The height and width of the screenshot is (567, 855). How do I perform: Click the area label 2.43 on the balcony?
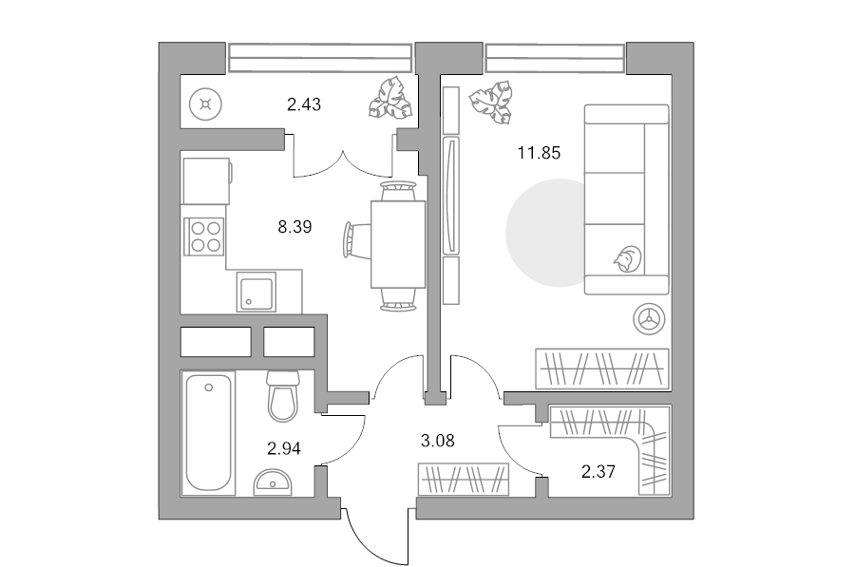tap(304, 104)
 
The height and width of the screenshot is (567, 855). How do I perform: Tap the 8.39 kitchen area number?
tap(294, 227)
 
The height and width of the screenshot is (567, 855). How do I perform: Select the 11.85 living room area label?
tap(539, 153)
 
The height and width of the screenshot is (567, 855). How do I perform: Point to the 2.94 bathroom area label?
tap(283, 448)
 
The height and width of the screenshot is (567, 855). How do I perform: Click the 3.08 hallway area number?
tap(437, 441)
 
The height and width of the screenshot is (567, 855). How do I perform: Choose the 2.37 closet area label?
tap(598, 472)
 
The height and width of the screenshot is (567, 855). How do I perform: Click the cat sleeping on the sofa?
tap(628, 258)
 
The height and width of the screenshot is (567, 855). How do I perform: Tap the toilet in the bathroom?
tap(283, 396)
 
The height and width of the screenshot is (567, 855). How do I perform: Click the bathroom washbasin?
tap(272, 482)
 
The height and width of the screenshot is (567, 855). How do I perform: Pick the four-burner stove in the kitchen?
tap(205, 236)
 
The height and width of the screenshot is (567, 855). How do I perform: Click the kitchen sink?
tap(256, 293)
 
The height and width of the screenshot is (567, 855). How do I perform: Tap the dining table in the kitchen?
tap(398, 244)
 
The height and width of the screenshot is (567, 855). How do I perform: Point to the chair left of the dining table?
tap(357, 238)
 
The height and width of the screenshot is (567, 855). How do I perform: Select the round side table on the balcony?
tap(205, 104)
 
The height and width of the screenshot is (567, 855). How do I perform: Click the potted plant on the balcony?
tap(389, 98)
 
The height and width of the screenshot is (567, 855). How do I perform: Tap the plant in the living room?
tap(492, 102)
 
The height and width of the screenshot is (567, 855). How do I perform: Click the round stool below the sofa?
tap(650, 319)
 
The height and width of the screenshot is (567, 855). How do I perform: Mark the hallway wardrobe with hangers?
tap(464, 480)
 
